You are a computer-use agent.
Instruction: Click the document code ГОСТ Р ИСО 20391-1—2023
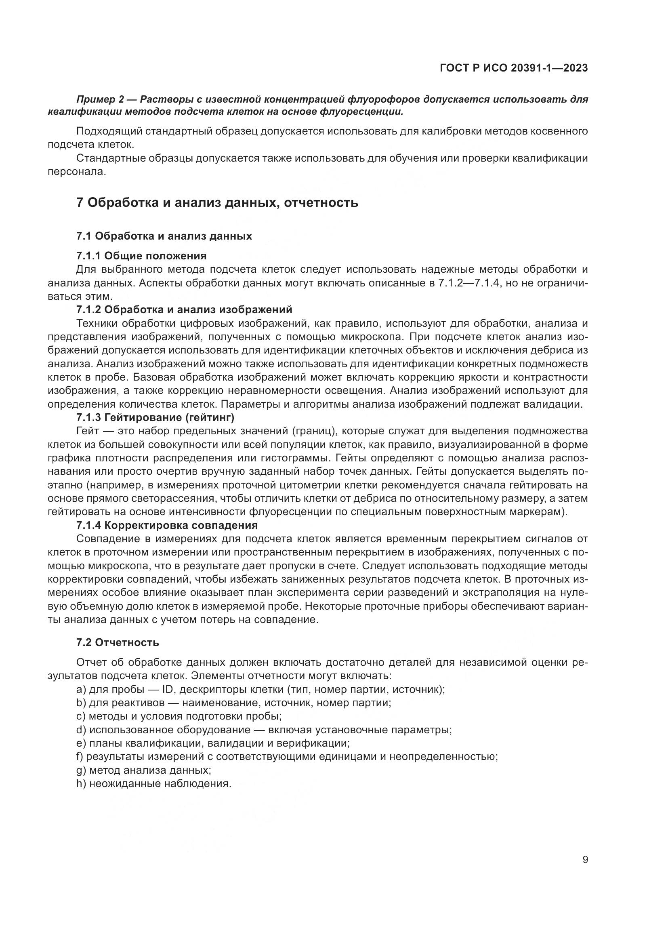coord(514,68)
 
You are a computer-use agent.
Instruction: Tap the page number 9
coord(585,859)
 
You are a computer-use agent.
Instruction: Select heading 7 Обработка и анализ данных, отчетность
coord(217,202)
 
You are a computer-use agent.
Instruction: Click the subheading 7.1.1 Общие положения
coord(141,256)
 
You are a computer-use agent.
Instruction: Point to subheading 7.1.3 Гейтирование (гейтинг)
coord(155,417)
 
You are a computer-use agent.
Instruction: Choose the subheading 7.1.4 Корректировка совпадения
coord(167,525)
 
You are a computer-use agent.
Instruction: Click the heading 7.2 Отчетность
coord(117,642)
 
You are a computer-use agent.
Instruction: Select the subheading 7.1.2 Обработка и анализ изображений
coord(184,309)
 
